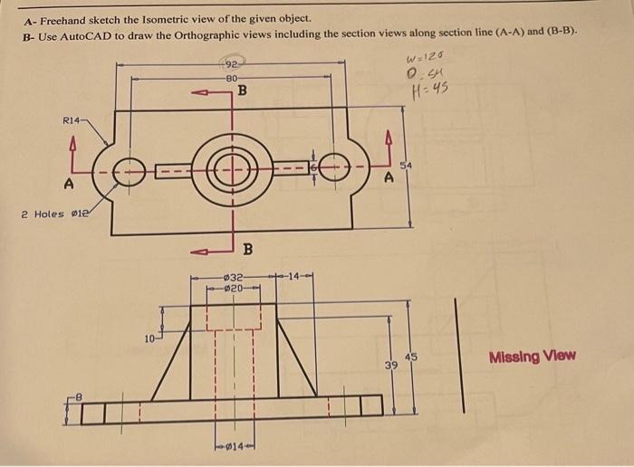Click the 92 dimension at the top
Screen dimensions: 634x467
(x=232, y=64)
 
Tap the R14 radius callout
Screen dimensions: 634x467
(x=73, y=119)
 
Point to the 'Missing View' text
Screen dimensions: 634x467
(x=532, y=356)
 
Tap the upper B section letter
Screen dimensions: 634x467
(x=242, y=91)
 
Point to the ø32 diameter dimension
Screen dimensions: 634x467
(x=234, y=276)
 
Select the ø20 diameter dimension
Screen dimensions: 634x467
(x=234, y=288)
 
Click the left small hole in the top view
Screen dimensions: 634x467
(x=130, y=169)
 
